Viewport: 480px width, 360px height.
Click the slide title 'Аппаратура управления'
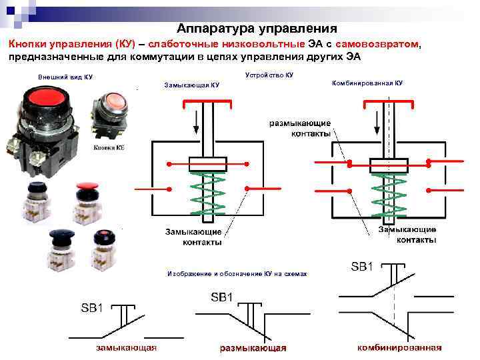click(x=257, y=29)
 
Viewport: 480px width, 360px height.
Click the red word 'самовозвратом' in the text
click(x=378, y=44)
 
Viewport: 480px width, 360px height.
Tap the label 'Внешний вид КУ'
click(x=65, y=77)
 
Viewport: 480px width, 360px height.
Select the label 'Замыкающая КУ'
click(x=191, y=85)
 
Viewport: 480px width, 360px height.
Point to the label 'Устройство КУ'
click(x=269, y=75)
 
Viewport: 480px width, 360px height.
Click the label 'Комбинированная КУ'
click(x=367, y=83)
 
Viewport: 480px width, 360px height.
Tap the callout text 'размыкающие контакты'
click(x=299, y=128)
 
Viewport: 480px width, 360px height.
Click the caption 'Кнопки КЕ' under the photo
click(x=109, y=147)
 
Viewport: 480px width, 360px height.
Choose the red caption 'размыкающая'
click(x=253, y=347)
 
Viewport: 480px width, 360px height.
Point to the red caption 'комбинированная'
click(x=399, y=347)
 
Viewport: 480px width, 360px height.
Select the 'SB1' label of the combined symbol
click(x=361, y=267)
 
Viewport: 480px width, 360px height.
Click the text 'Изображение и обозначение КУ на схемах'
click(x=237, y=274)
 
